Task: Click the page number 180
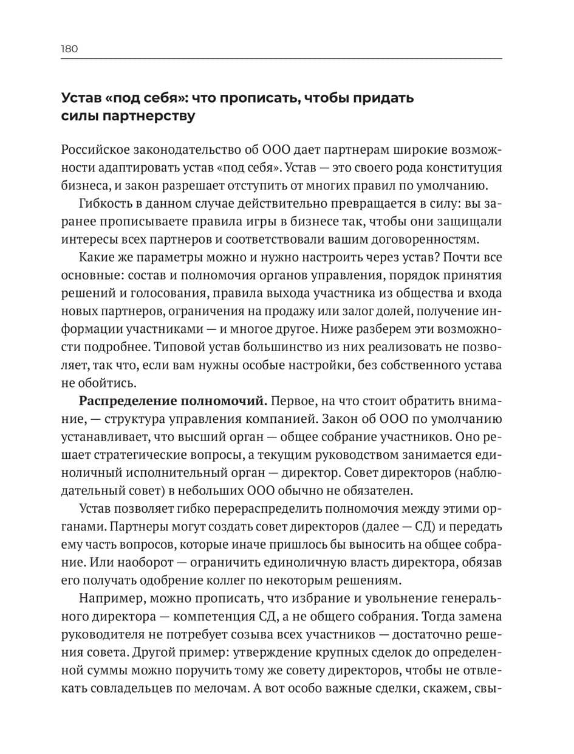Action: click(x=69, y=49)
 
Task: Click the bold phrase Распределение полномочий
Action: click(x=173, y=402)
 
